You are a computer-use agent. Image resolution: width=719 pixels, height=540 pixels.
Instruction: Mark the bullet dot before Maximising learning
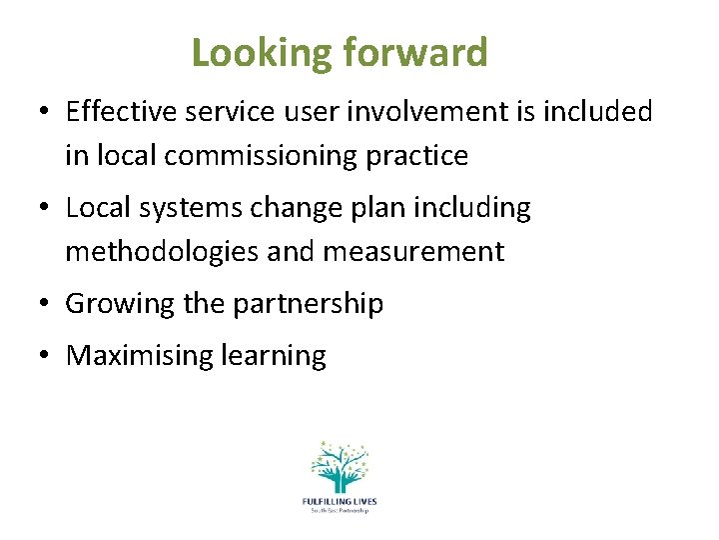tap(46, 356)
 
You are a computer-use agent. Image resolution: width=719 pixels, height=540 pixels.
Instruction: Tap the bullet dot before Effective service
tap(46, 112)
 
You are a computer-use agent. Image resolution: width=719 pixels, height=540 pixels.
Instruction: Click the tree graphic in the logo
tap(339, 465)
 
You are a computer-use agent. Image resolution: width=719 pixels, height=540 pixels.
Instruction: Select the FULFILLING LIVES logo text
tap(339, 501)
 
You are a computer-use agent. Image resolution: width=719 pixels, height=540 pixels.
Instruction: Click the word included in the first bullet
tap(596, 111)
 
